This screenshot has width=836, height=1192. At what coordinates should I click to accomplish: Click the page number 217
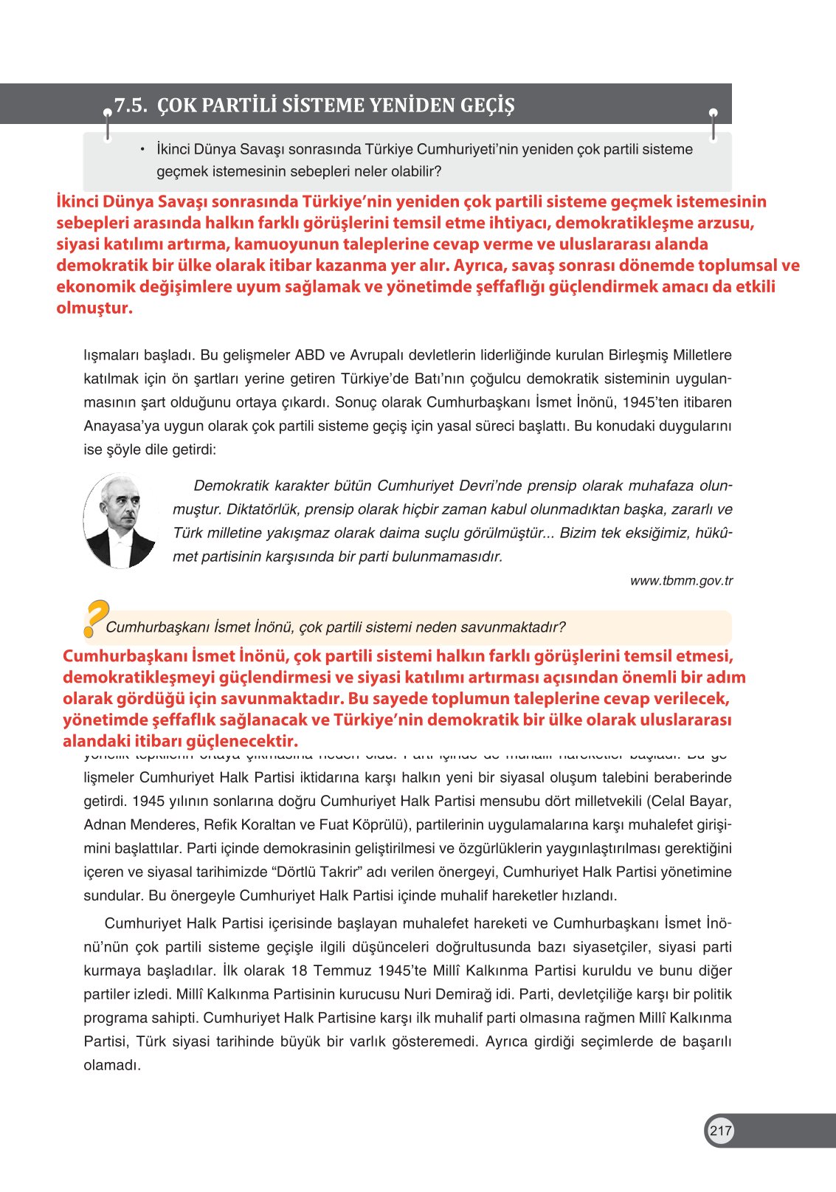coord(720,1131)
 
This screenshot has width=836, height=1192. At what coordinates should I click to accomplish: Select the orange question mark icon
coord(95,618)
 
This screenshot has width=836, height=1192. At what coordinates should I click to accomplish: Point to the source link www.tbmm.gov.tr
coord(681,581)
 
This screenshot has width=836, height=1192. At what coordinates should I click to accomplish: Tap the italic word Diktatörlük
coord(261,509)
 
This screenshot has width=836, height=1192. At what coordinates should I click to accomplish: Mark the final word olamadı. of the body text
coord(112,1065)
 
